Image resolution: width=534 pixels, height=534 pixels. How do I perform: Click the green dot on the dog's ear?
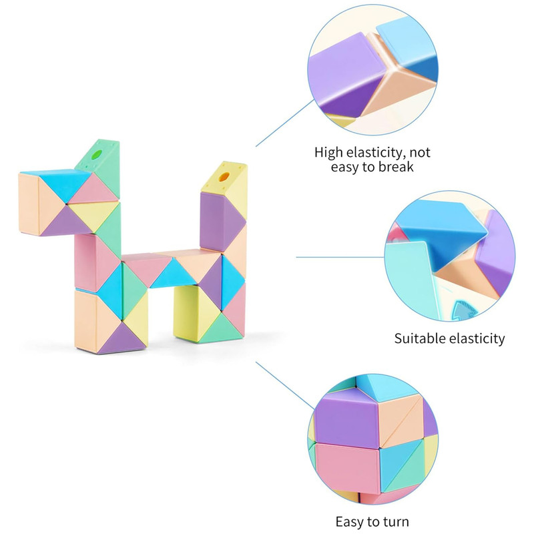point(97,154)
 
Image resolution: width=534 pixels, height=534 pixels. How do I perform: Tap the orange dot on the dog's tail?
point(224,177)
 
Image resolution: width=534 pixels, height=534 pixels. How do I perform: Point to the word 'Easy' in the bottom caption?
point(350,521)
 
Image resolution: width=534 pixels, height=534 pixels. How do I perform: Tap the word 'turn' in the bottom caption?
point(396,522)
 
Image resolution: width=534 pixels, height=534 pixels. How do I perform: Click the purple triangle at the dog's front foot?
point(122,338)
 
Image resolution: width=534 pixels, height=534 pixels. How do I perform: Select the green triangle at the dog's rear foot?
point(221,328)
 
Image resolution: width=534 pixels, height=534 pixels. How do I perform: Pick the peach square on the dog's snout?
point(29,204)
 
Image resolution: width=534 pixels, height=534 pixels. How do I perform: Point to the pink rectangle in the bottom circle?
point(347,469)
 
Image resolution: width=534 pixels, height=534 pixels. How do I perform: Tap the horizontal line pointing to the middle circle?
point(340,257)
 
